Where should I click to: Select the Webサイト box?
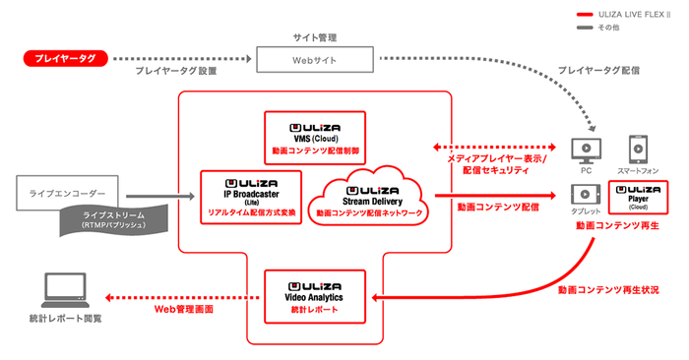(315, 60)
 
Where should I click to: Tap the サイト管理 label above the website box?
(315, 36)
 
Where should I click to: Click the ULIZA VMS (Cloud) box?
(315, 136)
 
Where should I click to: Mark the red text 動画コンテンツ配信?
(497, 208)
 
